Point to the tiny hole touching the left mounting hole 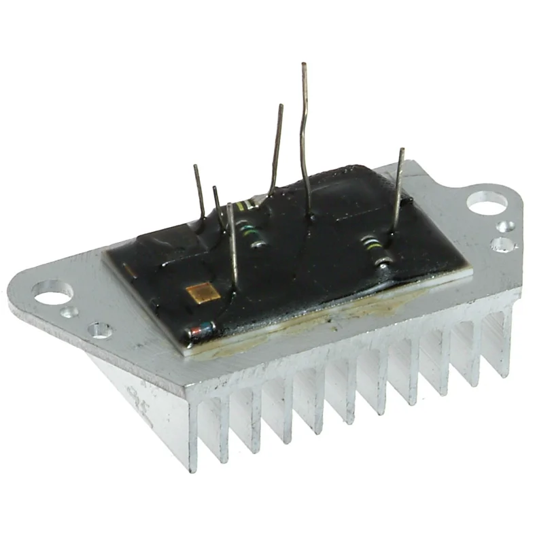[x=69, y=312]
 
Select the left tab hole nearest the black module [x=100, y=332]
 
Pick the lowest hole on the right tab [x=503, y=244]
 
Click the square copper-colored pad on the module [x=203, y=293]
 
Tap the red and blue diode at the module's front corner [x=201, y=331]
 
